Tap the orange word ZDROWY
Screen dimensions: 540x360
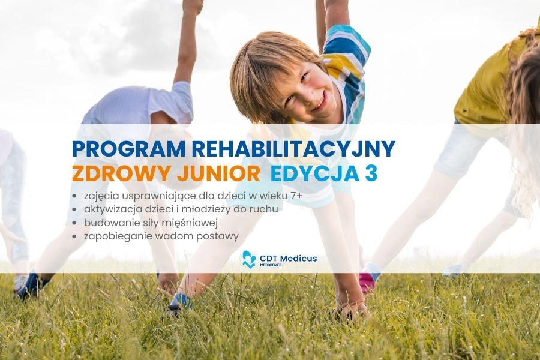121,173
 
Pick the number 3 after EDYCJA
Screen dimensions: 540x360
371,173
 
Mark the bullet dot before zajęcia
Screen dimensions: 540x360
74,196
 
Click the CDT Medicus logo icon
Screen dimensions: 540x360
249,259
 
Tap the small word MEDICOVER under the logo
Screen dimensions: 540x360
271,265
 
